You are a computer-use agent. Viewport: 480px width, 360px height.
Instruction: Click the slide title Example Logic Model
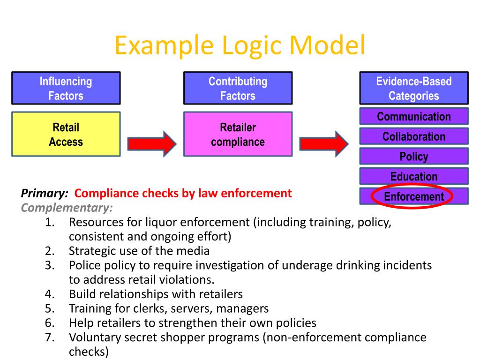[240, 45]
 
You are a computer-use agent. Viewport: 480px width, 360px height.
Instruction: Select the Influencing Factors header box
[66, 88]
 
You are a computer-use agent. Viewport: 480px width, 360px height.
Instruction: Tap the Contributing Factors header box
[238, 88]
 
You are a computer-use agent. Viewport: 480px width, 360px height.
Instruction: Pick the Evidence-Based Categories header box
[413, 88]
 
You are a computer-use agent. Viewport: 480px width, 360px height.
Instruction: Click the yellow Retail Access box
[66, 134]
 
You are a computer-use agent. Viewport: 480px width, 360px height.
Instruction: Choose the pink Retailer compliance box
[238, 134]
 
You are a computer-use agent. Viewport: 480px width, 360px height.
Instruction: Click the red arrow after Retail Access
[151, 143]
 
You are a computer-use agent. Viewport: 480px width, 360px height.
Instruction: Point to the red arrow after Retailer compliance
[324, 143]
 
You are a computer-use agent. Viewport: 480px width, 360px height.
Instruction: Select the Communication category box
[413, 116]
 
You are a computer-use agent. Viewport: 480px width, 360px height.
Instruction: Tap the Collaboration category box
[413, 136]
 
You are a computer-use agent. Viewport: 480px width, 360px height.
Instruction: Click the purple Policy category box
[413, 156]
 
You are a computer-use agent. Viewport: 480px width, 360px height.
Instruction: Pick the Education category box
[413, 176]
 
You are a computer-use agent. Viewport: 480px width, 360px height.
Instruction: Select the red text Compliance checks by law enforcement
[183, 193]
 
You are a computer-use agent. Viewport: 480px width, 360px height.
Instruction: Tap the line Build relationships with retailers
[156, 294]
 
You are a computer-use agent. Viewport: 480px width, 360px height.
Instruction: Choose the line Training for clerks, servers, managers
[169, 308]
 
